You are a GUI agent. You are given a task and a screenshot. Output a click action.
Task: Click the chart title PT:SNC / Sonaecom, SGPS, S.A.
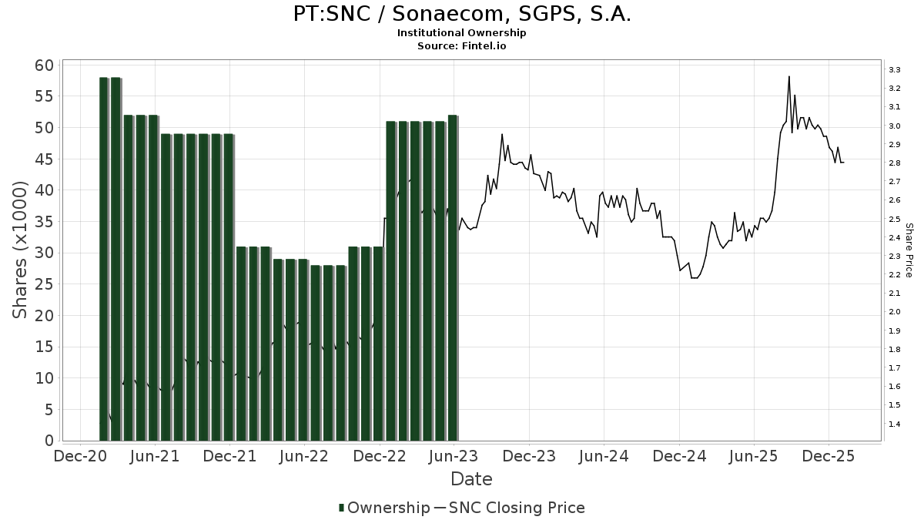(x=462, y=14)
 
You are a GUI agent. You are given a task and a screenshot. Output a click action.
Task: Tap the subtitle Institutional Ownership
(x=462, y=33)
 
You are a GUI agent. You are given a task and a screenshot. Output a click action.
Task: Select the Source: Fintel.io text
(x=462, y=45)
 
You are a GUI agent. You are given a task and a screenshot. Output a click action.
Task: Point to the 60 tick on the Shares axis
(x=44, y=65)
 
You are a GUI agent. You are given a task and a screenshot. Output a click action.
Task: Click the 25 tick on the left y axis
(x=44, y=284)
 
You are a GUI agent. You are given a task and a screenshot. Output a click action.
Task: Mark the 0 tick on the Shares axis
(x=49, y=441)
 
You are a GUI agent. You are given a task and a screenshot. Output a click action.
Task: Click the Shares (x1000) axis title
(x=20, y=250)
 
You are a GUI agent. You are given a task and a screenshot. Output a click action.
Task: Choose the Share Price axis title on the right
(x=909, y=250)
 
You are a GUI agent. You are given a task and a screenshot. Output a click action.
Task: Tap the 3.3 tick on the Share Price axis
(x=895, y=70)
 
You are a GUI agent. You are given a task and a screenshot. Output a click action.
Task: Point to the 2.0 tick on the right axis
(x=895, y=312)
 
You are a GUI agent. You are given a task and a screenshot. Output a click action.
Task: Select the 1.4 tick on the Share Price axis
(x=895, y=424)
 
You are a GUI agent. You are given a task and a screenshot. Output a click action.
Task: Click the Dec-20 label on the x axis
(x=81, y=456)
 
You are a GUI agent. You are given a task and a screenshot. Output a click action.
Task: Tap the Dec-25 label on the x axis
(x=828, y=456)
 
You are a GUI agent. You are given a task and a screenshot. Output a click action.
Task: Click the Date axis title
(x=471, y=479)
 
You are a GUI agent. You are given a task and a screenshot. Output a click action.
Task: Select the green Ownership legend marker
(x=341, y=508)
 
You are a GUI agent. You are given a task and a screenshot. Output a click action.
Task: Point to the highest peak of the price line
(x=789, y=76)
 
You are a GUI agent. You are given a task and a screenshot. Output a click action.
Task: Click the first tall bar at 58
(x=104, y=259)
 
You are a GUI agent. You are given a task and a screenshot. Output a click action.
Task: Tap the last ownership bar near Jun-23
(x=453, y=277)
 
